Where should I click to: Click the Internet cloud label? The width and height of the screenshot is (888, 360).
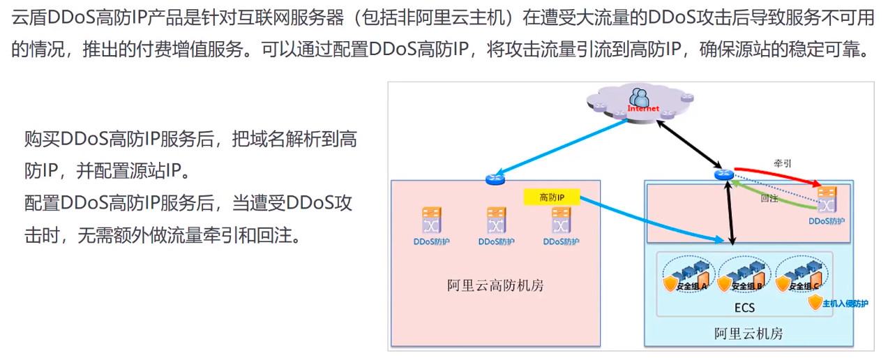click(x=642, y=109)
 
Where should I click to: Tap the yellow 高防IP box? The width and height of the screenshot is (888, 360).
click(x=551, y=197)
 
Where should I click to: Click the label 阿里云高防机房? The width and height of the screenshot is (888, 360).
click(x=495, y=285)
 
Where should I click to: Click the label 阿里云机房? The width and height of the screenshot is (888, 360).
click(x=748, y=333)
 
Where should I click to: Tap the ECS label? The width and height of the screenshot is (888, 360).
click(x=744, y=308)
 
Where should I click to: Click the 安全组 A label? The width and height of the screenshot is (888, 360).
click(x=691, y=286)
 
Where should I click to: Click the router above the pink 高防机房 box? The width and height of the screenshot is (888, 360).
click(x=494, y=180)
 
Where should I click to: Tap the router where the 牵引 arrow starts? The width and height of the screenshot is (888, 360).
click(x=722, y=175)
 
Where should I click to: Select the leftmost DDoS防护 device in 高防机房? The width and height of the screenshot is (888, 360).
click(x=430, y=221)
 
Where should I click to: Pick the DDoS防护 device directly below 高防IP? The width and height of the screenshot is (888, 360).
click(x=561, y=221)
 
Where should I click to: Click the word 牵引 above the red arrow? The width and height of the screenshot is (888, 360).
click(x=782, y=163)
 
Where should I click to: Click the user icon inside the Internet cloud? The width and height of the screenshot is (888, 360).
click(x=638, y=97)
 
